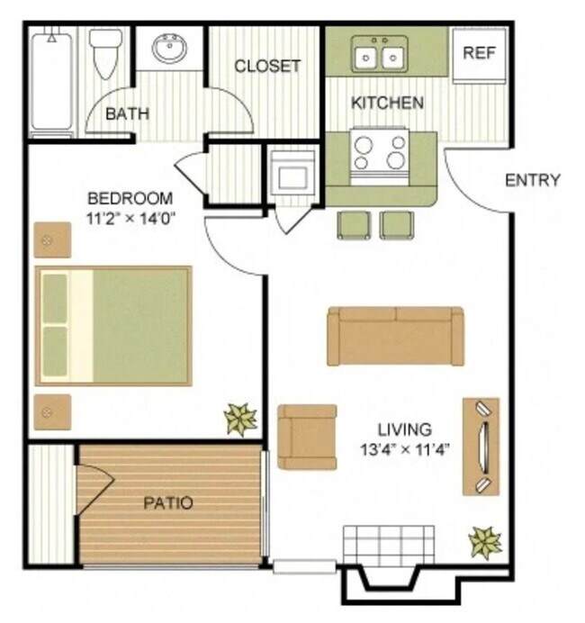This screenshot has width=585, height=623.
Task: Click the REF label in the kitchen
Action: (x=479, y=52)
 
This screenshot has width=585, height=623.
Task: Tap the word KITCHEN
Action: (x=387, y=103)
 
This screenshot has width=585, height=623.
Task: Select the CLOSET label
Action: (x=267, y=66)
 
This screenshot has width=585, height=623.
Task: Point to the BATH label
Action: (x=127, y=114)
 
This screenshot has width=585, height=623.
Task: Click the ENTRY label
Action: (x=533, y=180)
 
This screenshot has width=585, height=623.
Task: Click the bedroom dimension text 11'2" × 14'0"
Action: (x=130, y=217)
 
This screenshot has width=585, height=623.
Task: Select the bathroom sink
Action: (x=170, y=49)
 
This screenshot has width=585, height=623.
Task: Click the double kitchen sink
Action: (x=379, y=55)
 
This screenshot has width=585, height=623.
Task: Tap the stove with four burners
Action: (x=379, y=152)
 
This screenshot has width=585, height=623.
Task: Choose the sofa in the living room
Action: (x=395, y=336)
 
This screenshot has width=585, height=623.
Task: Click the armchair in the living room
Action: (x=307, y=437)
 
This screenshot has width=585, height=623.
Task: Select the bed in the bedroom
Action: (x=113, y=325)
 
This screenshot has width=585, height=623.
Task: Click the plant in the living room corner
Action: (x=485, y=542)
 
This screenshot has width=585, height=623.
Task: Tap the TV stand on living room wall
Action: (x=481, y=447)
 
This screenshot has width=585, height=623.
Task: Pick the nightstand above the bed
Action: (x=51, y=240)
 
